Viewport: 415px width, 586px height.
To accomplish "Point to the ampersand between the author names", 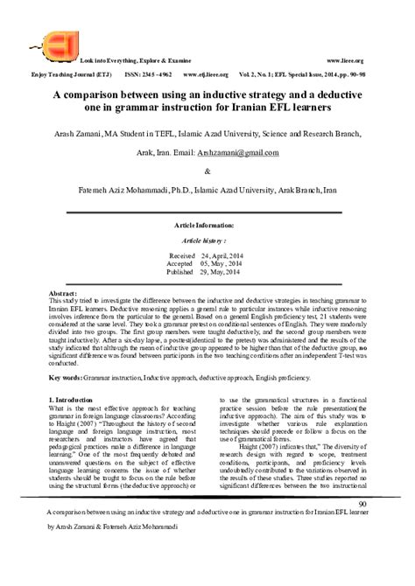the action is (x=207, y=171).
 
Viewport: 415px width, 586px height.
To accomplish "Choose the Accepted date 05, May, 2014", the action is (x=220, y=264).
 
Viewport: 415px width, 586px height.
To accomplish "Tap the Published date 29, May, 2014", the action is (x=219, y=273).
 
